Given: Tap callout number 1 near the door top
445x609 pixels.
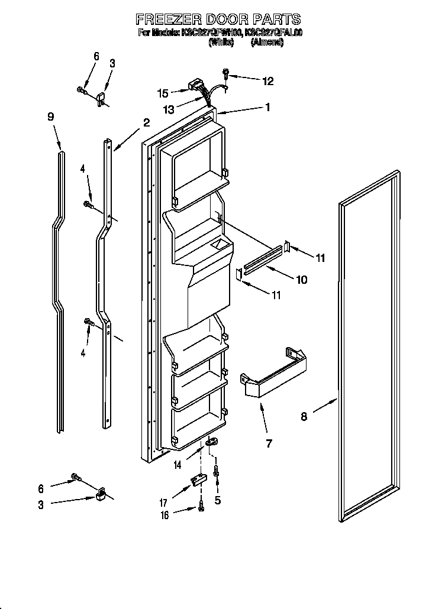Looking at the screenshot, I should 267,108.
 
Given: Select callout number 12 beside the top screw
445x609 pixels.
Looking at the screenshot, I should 268,81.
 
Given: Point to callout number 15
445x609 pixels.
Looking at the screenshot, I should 163,93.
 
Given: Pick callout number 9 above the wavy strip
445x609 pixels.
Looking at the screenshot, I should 51,117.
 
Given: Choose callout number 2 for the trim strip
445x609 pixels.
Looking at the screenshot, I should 146,123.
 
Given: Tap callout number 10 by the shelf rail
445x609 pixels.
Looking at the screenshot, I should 302,280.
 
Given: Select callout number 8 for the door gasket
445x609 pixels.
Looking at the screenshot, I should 304,417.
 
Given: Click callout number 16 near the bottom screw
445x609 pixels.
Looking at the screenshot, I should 165,515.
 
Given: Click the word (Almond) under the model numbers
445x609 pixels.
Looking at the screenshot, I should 267,43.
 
